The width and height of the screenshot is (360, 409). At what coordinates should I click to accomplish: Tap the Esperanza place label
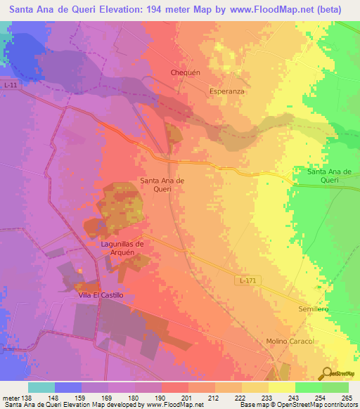[x=226, y=91]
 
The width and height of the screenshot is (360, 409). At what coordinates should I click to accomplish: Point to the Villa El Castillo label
[x=101, y=296]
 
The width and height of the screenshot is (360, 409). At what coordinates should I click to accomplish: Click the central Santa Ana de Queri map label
[x=162, y=185]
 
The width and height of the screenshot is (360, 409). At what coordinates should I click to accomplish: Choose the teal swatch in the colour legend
[x=41, y=387]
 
